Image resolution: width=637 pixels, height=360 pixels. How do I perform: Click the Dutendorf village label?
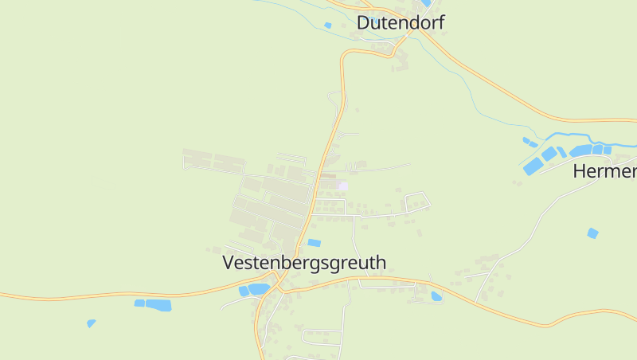(400, 22)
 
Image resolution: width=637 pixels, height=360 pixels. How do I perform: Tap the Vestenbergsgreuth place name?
(304, 262)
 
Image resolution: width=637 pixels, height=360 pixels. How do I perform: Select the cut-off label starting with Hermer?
(605, 171)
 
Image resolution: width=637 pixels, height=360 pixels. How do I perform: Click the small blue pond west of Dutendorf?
(327, 25)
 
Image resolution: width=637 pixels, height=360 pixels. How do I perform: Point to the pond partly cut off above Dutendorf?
(428, 3)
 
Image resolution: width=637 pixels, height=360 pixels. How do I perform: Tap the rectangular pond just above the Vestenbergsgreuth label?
(315, 242)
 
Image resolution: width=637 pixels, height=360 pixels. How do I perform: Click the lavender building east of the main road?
(343, 186)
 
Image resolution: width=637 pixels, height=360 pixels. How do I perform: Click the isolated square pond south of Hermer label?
(592, 233)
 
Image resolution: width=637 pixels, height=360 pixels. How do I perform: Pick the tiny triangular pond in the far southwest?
(91, 323)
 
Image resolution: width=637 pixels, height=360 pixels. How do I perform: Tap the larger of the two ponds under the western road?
(158, 304)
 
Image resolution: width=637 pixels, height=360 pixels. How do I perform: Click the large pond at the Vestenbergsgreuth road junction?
(258, 289)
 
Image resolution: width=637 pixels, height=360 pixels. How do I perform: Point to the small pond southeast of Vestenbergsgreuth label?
(436, 296)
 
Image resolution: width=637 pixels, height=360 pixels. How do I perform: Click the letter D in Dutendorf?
(364, 22)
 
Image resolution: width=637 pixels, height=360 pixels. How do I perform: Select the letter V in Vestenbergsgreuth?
(229, 262)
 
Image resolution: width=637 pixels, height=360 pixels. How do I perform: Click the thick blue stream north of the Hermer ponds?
(573, 136)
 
